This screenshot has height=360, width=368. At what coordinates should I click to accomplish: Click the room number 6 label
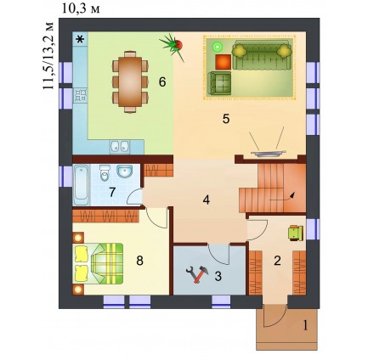point(162,82)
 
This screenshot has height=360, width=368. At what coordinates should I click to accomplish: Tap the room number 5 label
point(226,119)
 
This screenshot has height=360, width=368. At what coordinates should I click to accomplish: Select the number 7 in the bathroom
point(112,193)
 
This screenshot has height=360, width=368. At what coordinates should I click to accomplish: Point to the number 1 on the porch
point(305,326)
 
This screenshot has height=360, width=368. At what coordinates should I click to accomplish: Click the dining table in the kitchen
point(130,82)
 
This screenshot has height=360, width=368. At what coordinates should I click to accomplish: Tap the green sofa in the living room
point(262,54)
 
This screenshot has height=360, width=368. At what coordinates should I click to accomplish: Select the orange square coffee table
point(224,62)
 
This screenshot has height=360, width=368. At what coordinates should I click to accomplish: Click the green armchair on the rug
point(219,83)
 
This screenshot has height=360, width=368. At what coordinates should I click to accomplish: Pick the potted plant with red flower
point(173,46)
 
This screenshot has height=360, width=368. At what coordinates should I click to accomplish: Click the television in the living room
point(268,153)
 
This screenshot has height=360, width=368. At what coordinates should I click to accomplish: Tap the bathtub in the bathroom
point(82,184)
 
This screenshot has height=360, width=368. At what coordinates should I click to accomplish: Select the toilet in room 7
point(105,172)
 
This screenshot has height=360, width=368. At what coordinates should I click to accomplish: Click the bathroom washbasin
point(123,172)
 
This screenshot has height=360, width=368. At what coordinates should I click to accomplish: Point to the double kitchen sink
point(120,147)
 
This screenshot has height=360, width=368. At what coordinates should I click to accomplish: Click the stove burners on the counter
point(81,96)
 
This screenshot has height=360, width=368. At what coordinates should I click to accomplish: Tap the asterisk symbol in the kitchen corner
point(81,39)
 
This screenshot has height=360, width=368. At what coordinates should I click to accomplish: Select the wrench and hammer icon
point(197,273)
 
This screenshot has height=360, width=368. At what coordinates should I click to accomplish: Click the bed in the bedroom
point(99,263)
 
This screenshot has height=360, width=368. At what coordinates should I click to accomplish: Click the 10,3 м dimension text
point(81,9)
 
